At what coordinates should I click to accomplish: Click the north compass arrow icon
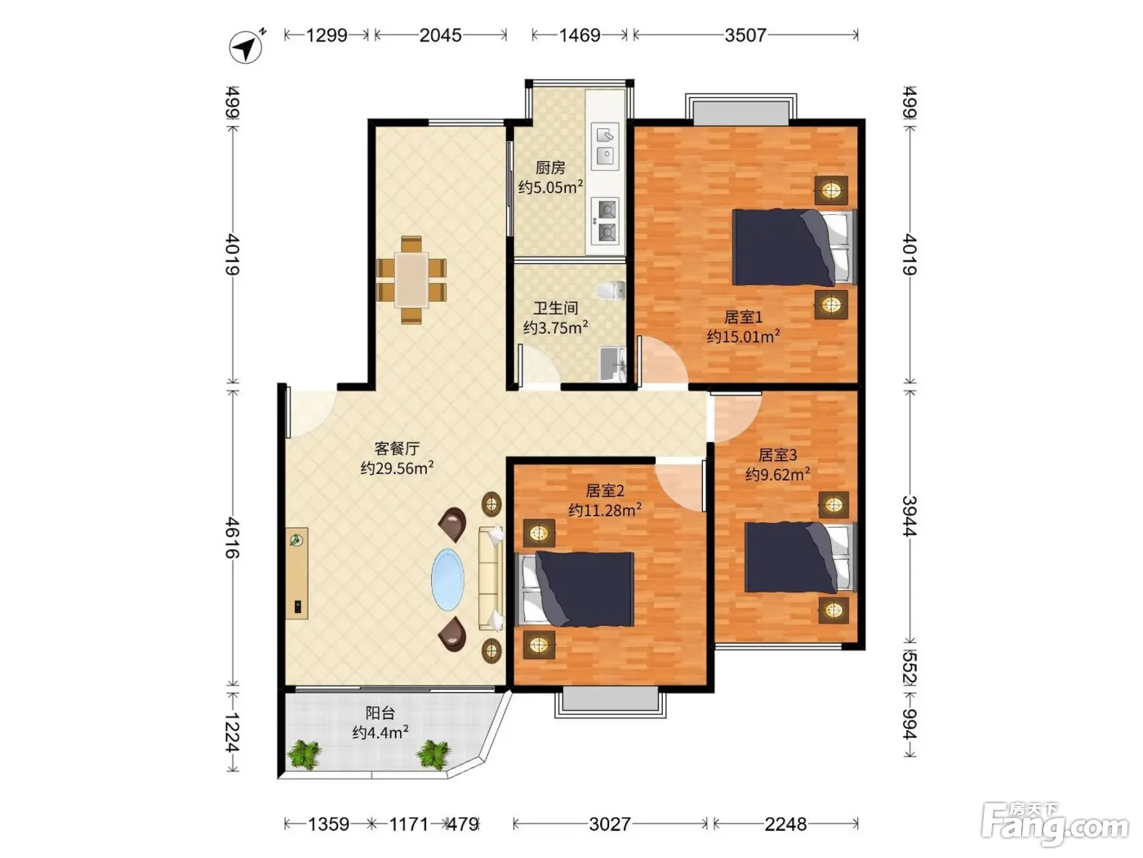coord(246,47)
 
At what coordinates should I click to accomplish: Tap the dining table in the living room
coord(411,279)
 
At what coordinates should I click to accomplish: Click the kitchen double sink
coord(605,146)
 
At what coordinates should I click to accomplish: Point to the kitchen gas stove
coord(605,221)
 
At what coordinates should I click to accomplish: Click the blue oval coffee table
coord(447,579)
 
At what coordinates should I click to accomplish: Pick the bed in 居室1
coord(794,247)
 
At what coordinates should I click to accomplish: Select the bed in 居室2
coord(575,588)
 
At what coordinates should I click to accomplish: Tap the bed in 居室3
coord(800,557)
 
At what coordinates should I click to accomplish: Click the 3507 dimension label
coord(745,35)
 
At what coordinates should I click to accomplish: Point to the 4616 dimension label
coord(232,537)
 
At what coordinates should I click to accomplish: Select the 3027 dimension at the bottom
coord(609,824)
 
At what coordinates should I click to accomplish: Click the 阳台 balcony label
coord(380,712)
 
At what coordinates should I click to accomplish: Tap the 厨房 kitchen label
coord(550,168)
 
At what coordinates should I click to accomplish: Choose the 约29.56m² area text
coord(397,467)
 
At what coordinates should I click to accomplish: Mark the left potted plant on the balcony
coord(304,753)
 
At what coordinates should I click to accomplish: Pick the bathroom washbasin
coord(612,364)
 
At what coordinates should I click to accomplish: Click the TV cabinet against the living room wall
coord(296,573)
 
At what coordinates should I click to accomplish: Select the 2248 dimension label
coord(785,824)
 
